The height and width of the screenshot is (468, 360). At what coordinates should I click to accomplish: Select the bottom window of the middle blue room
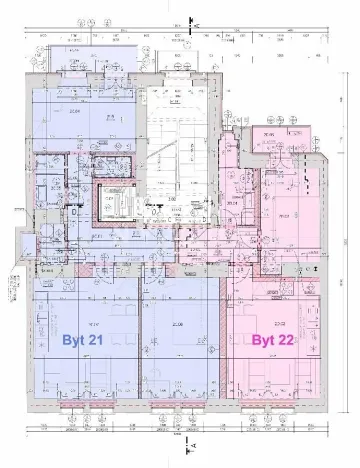(x=177, y=407)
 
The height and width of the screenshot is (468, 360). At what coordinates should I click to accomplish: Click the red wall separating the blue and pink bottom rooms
(x=223, y=340)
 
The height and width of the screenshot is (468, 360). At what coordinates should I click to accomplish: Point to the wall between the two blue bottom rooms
(x=139, y=340)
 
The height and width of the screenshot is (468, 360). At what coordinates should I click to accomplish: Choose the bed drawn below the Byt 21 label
(x=85, y=380)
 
